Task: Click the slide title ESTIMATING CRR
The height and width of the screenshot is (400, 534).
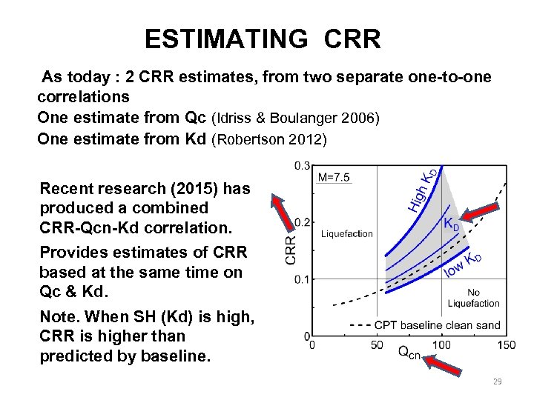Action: (x=263, y=39)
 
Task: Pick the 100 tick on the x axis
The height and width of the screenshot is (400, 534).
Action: (x=441, y=344)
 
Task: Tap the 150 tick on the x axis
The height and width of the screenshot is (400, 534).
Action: (x=507, y=344)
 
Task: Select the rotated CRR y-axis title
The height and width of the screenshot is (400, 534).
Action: (x=292, y=250)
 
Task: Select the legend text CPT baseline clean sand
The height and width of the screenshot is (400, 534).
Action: (x=438, y=324)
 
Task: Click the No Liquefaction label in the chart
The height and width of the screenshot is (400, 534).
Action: (x=474, y=298)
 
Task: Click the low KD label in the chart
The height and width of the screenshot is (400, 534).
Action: (x=464, y=264)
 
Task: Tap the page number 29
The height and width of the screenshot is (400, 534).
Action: (x=497, y=381)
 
